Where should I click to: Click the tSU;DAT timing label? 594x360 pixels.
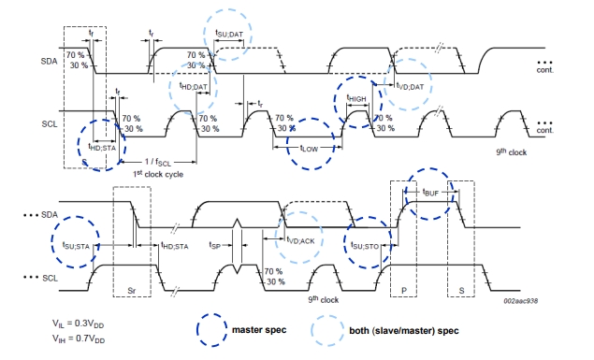coord(229,34)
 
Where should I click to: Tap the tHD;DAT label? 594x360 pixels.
coord(194,86)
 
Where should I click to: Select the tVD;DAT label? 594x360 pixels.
coord(410,87)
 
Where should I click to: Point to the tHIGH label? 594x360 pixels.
coord(356,98)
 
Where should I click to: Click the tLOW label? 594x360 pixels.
coord(309,149)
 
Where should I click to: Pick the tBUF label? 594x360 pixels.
coord(430,193)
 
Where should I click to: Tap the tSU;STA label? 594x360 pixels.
coord(76,246)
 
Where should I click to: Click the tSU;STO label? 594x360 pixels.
coord(365,246)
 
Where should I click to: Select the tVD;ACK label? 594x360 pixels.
coord(300,240)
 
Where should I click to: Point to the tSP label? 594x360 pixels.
coord(214,245)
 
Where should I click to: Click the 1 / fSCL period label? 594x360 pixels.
coord(158,162)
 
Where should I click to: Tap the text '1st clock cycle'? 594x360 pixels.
coord(158,174)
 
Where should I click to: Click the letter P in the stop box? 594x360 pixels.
coord(404,291)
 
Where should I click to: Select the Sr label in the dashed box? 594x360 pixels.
coord(131,291)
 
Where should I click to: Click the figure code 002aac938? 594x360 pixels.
coord(520,300)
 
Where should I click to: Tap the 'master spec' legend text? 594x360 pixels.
coord(259,330)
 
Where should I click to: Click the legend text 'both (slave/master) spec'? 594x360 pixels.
coord(404,330)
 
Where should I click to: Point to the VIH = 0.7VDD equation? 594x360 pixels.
coord(79,338)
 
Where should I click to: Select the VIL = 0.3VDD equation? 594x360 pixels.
coord(78,324)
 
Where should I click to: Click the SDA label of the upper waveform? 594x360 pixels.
coord(49,61)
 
